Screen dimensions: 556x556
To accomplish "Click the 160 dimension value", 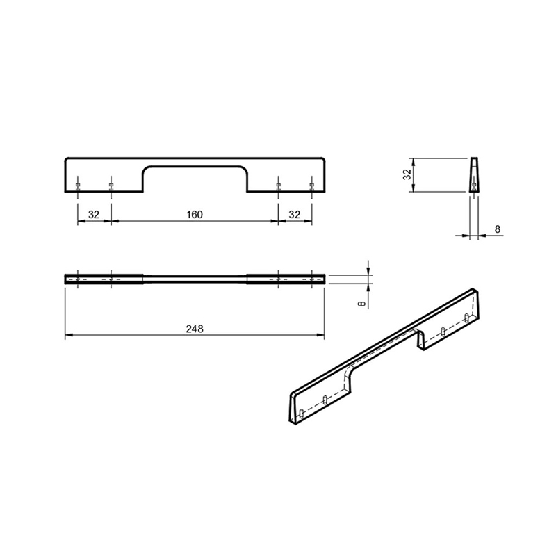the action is click(195, 215).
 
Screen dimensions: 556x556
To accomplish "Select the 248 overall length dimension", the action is click(195, 329).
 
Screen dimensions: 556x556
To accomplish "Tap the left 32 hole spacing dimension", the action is click(94, 215).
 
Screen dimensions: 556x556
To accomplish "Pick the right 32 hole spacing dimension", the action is click(295, 215).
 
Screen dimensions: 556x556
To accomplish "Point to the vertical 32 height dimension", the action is click(407, 174).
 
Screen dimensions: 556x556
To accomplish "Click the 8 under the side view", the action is click(498, 229).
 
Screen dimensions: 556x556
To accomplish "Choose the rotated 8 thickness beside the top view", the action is click(361, 304).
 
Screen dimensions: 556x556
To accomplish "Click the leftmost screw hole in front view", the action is click(78, 186).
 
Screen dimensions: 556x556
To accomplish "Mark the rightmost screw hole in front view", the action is click(311, 186).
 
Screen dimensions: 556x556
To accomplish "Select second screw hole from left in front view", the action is click(111, 186).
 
